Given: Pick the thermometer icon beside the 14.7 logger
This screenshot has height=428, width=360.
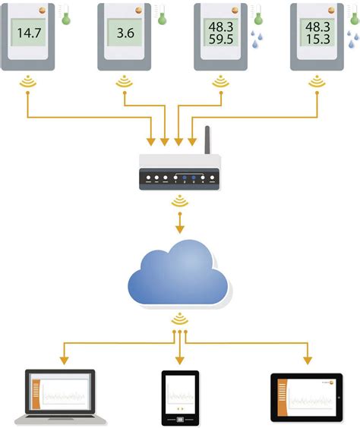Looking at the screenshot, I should coord(66,17).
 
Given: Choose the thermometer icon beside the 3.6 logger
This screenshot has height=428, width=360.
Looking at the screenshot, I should coord(162,17).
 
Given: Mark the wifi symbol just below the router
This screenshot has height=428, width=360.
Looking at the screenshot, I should coord(180,202).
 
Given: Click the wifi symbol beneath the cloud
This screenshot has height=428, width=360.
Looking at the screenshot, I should coord(180,318).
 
